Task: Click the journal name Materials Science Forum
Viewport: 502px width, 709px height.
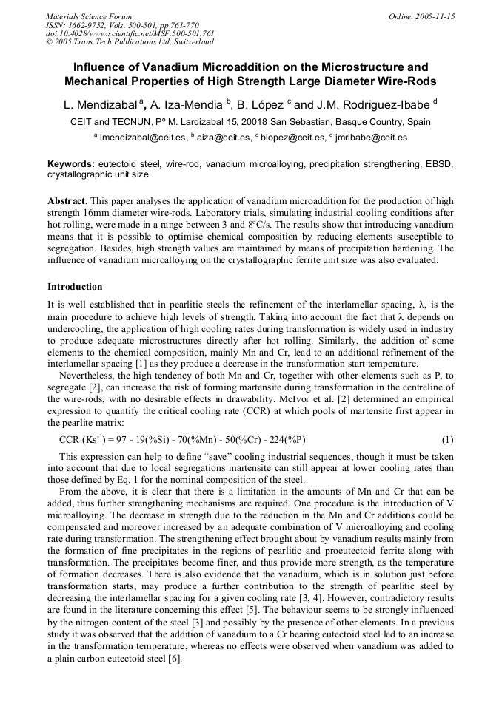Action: pyautogui.click(x=89, y=16)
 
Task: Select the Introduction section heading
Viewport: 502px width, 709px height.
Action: pyautogui.click(x=75, y=286)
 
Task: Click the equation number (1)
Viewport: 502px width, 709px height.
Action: pyautogui.click(x=447, y=439)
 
